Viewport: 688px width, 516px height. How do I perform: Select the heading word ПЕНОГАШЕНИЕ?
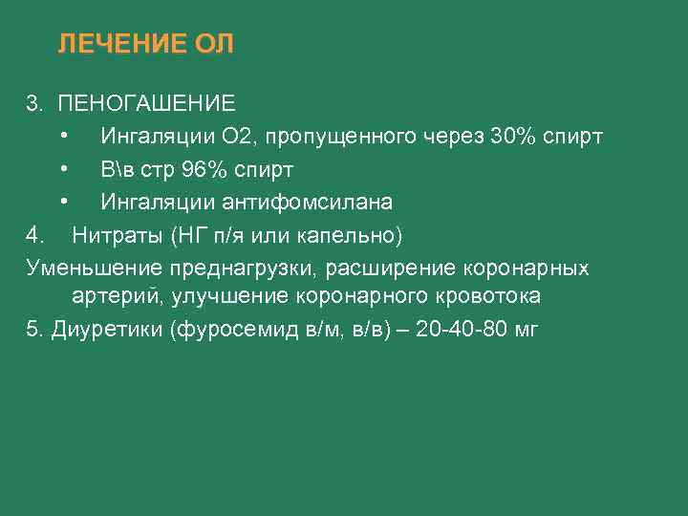click(146, 102)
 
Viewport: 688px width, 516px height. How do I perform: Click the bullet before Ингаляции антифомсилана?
click(63, 203)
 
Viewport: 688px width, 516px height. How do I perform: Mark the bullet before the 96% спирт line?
click(63, 169)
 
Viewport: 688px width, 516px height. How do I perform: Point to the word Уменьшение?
click(94, 268)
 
